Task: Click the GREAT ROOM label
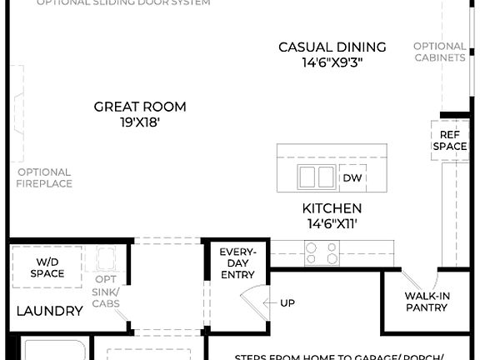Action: (x=139, y=107)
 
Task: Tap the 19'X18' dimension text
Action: (x=139, y=122)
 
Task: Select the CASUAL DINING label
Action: (x=332, y=47)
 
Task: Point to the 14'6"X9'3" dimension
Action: (x=332, y=62)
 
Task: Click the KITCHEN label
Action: (x=332, y=208)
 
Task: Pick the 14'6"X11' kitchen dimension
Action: (x=332, y=223)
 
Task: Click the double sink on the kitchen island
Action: (x=316, y=177)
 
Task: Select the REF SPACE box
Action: (x=448, y=140)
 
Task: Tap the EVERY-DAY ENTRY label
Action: (x=237, y=263)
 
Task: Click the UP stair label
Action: (x=287, y=303)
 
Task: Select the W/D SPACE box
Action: (x=47, y=267)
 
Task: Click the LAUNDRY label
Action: (x=50, y=312)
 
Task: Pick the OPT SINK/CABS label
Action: (x=106, y=291)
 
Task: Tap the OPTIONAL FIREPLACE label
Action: (x=44, y=177)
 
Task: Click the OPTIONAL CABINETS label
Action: (x=439, y=52)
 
